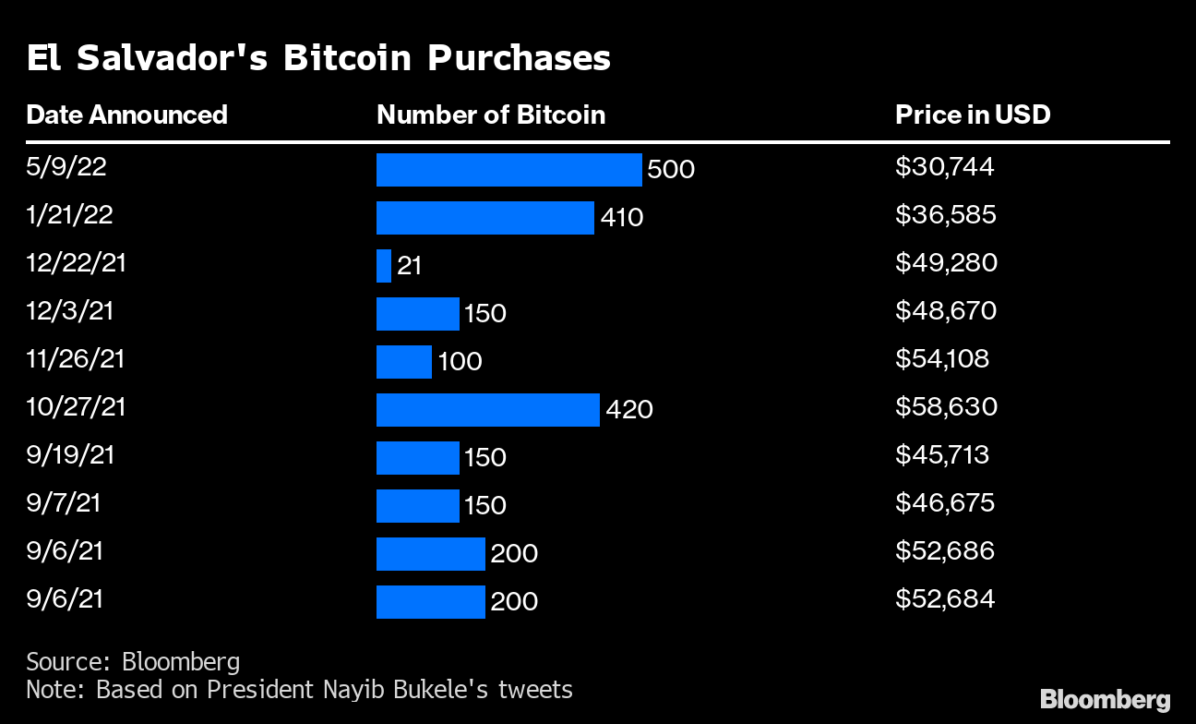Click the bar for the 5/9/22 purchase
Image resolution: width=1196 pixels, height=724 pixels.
[x=508, y=170]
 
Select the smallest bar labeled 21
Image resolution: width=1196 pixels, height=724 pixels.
[x=384, y=266]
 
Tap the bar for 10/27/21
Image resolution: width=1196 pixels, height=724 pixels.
[x=488, y=410]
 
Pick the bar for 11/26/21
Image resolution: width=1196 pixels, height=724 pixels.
[x=404, y=362]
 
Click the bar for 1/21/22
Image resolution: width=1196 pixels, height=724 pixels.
[x=485, y=218]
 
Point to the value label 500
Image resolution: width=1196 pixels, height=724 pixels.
[x=671, y=169]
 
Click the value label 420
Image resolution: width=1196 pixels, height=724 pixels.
[x=629, y=410]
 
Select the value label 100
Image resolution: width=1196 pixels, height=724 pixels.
[x=460, y=362]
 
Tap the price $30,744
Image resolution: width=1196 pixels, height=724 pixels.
[x=944, y=167]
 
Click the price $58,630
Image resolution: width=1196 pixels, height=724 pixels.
[x=946, y=407]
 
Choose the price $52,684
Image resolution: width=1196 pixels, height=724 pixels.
[x=945, y=599]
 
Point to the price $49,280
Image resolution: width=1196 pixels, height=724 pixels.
[x=946, y=263]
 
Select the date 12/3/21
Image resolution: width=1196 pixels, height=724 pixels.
[x=70, y=311]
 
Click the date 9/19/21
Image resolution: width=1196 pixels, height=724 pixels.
[x=70, y=455]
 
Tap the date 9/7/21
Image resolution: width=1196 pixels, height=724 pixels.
[x=64, y=503]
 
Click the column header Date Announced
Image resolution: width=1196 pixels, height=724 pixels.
[x=127, y=115]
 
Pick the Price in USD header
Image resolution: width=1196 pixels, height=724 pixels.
[x=973, y=115]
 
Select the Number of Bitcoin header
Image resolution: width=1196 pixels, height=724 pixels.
[x=491, y=115]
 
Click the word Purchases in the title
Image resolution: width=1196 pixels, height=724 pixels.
[x=519, y=57]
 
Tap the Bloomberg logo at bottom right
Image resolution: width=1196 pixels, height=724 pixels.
[x=1106, y=700]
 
